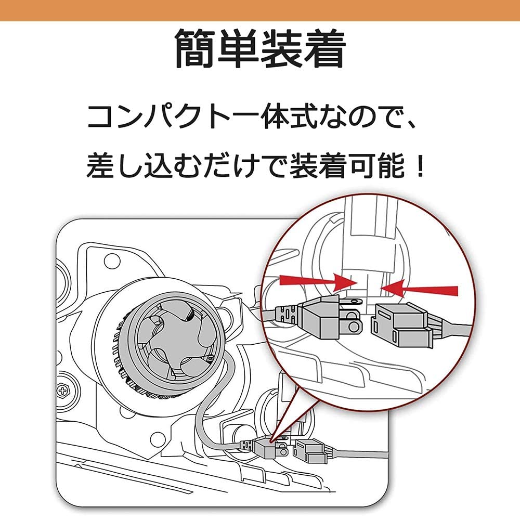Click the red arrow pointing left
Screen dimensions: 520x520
coord(419,289)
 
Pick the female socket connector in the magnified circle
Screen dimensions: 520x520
coord(401,326)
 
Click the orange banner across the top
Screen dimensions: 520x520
coord(260,10)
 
